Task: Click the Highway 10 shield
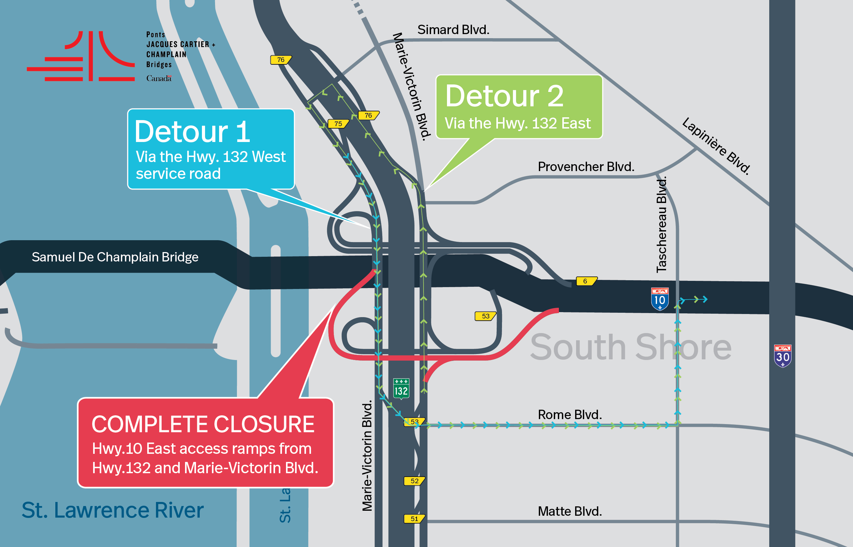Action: (660, 299)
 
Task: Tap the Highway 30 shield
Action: (782, 356)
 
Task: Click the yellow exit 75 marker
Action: (338, 124)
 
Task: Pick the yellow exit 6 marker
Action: (586, 281)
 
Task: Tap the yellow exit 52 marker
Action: (414, 481)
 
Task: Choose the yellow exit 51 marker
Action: (414, 519)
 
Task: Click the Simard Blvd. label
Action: (453, 30)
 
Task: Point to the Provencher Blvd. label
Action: (586, 167)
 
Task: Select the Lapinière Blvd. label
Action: (716, 146)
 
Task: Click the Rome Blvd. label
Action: (570, 414)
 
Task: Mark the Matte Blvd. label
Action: (570, 511)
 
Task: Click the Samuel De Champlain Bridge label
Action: (115, 257)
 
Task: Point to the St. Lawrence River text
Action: (113, 510)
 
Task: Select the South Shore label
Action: (630, 347)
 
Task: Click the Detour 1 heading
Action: (192, 131)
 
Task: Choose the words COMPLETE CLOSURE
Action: (203, 424)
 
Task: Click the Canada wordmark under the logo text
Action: (159, 78)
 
